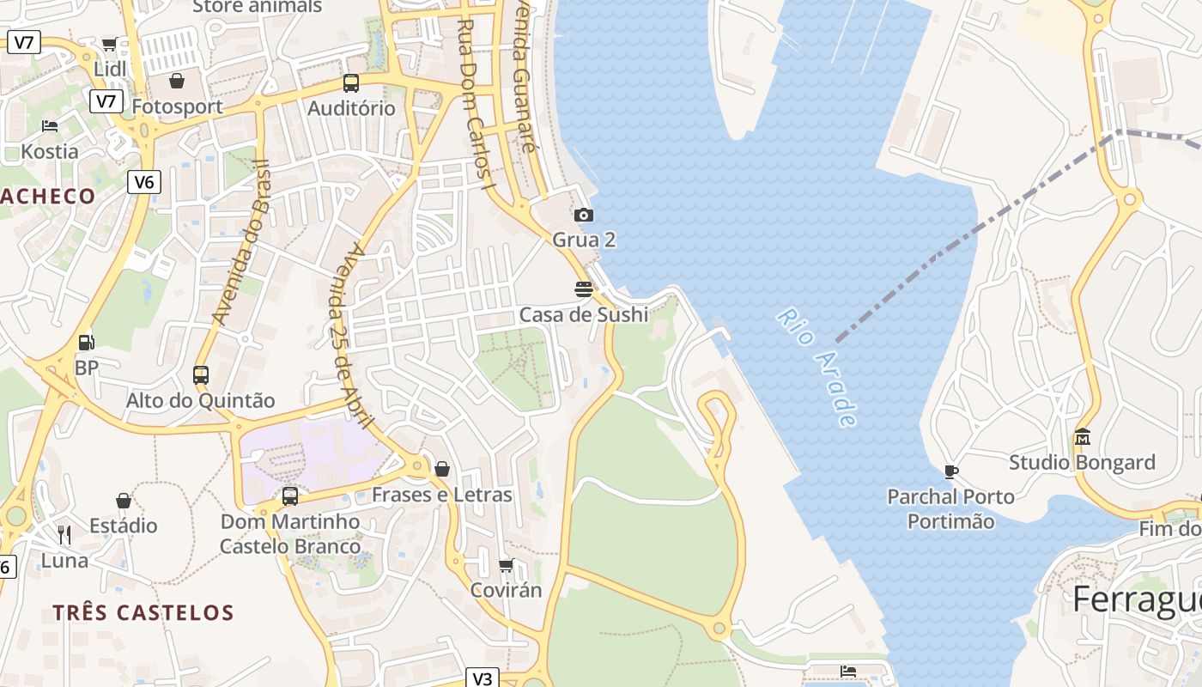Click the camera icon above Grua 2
click(x=584, y=215)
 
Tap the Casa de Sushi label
click(x=584, y=315)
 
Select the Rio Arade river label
click(x=817, y=367)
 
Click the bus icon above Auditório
click(x=351, y=83)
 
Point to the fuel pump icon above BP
click(x=86, y=342)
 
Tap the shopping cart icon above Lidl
click(x=109, y=45)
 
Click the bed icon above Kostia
click(x=50, y=126)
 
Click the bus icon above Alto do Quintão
click(x=201, y=374)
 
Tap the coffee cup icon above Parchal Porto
click(x=950, y=471)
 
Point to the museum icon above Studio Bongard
click(x=1082, y=438)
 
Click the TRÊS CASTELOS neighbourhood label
click(x=143, y=613)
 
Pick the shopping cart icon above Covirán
click(x=507, y=565)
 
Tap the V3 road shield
click(x=483, y=678)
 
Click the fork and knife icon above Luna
click(x=64, y=535)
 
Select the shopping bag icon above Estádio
click(x=124, y=501)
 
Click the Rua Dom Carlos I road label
click(x=477, y=103)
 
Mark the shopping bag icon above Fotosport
click(x=177, y=81)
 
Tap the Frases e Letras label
click(x=442, y=495)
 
